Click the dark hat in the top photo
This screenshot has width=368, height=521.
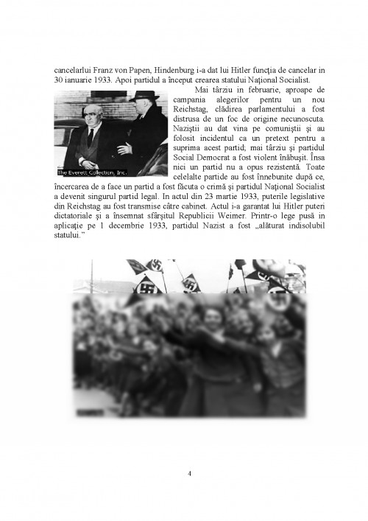pos(144,97)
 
